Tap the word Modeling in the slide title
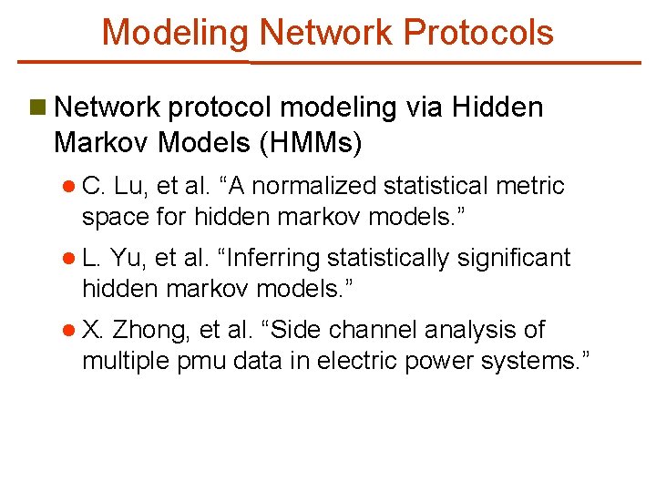click(x=175, y=33)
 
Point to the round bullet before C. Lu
click(x=69, y=187)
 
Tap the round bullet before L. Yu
click(x=69, y=259)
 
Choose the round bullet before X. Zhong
click(x=69, y=330)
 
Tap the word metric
click(x=533, y=187)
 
